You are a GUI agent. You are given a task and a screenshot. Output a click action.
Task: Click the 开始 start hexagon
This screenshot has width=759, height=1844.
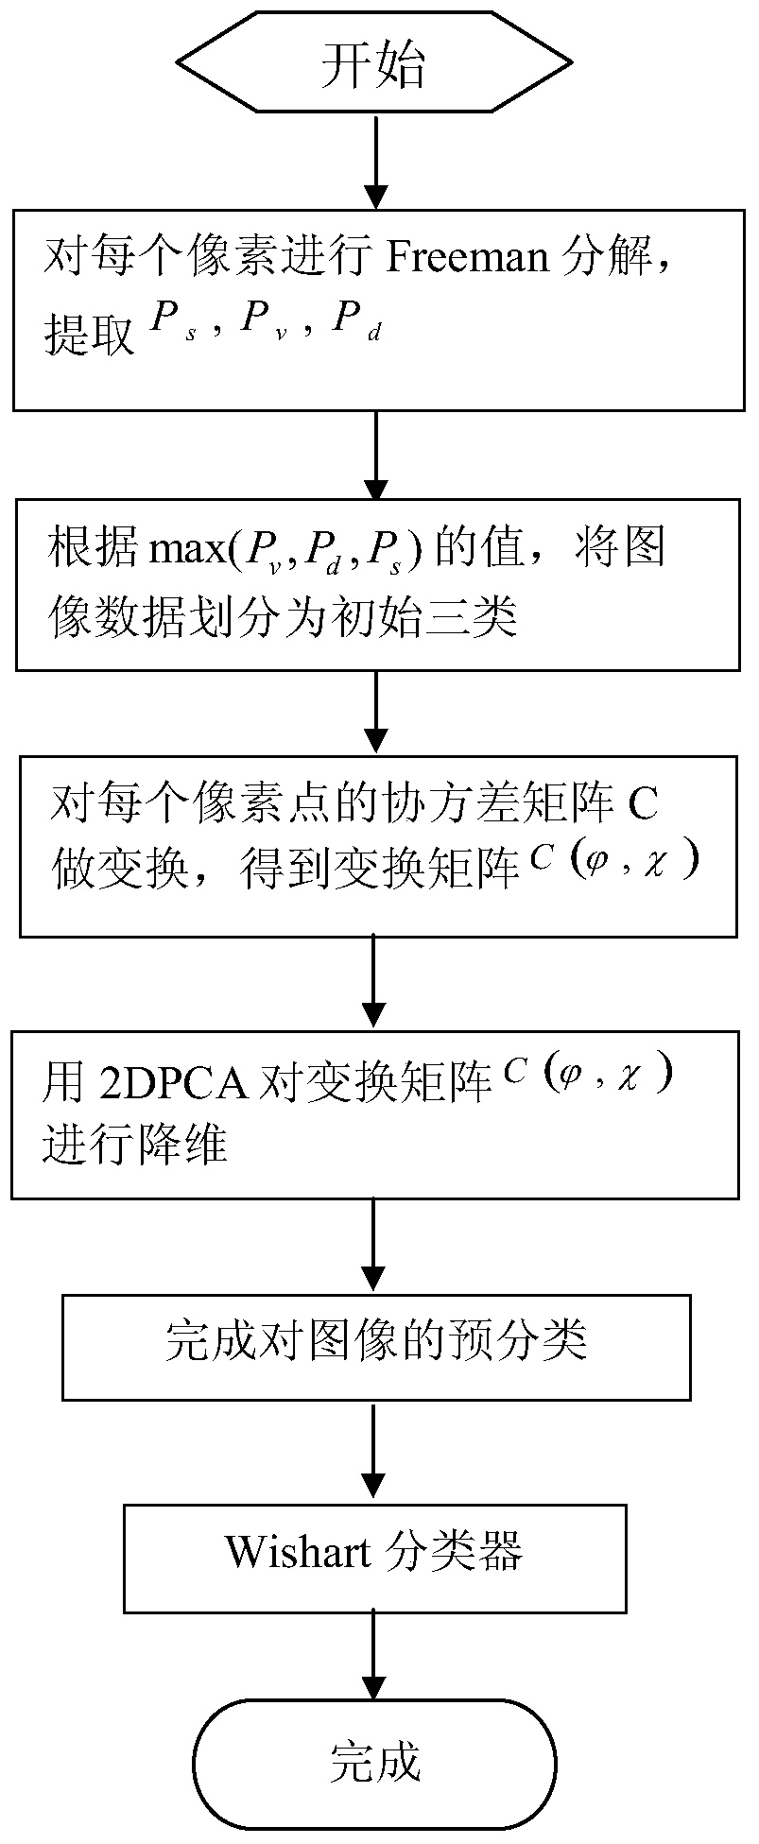tap(375, 65)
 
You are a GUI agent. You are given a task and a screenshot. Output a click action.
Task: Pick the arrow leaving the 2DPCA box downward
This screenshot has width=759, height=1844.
tap(375, 1246)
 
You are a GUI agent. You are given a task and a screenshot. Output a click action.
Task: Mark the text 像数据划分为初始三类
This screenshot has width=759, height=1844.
tap(283, 620)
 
